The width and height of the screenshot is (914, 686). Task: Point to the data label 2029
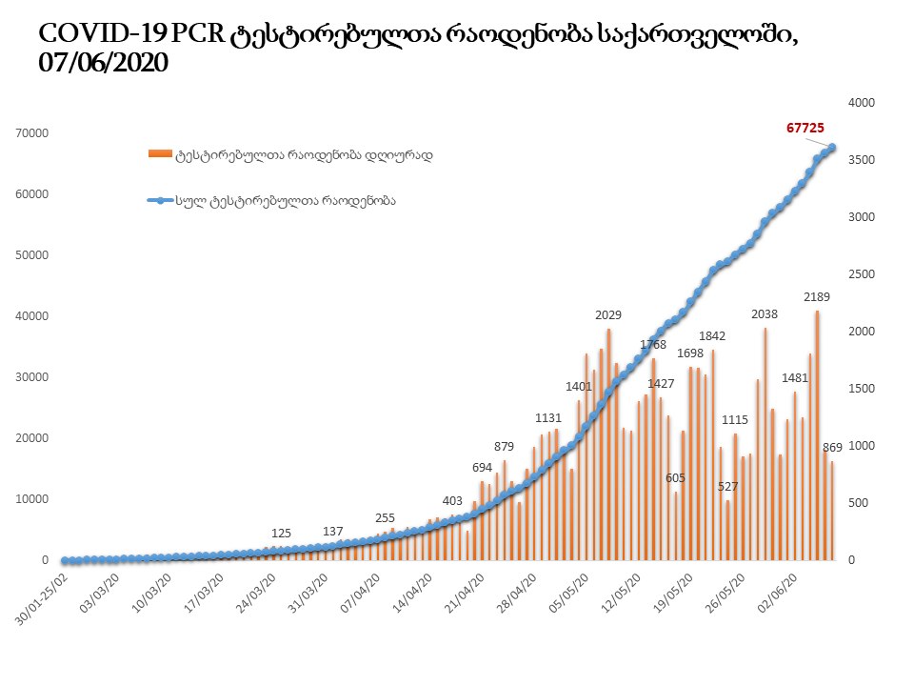(609, 315)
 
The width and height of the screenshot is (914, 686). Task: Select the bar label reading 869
(832, 447)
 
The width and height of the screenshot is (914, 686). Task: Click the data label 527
(727, 486)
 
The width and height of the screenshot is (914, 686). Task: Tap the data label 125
(281, 533)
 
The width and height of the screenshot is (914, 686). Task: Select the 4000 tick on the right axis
(861, 103)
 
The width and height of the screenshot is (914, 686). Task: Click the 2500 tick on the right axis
(861, 274)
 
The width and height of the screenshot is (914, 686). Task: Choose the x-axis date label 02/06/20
(785, 594)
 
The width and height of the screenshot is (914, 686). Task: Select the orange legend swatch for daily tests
(159, 153)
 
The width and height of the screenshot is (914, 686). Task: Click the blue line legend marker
(159, 201)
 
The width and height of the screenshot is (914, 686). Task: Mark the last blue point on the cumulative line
(832, 147)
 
